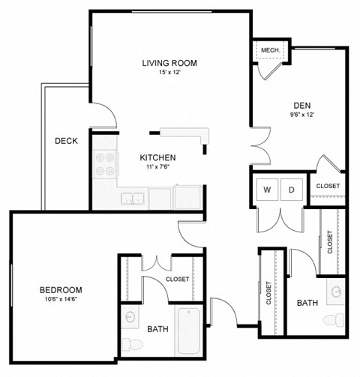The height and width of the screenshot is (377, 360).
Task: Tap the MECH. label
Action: click(270, 50)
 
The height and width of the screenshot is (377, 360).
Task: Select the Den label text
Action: click(302, 106)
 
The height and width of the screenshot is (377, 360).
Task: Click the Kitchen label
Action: click(158, 157)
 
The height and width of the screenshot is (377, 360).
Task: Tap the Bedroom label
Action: click(61, 289)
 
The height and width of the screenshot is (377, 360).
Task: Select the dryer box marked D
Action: click(292, 189)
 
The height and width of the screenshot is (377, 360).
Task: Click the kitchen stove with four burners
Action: click(103, 164)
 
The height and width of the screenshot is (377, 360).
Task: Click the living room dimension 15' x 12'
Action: click(169, 73)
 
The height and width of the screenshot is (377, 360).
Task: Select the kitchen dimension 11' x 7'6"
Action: click(158, 168)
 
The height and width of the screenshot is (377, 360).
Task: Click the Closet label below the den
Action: click(328, 186)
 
